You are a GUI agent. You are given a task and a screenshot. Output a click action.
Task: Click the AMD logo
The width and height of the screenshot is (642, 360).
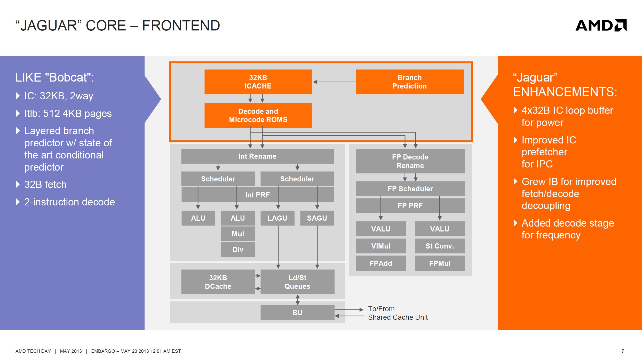601,25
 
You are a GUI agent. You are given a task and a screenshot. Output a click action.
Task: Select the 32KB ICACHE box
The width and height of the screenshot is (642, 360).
258,82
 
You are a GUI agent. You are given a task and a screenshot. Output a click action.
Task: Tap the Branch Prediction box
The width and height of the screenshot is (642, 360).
410,82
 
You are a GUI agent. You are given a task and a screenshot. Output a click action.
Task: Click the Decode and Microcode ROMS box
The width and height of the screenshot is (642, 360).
258,115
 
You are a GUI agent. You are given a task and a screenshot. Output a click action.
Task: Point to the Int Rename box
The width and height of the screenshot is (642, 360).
257,156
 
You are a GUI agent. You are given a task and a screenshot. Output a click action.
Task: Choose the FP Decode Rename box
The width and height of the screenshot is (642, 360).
410,161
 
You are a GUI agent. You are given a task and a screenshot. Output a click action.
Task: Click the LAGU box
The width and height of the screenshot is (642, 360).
278,218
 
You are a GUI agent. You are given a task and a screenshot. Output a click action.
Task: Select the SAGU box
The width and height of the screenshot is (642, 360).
317,218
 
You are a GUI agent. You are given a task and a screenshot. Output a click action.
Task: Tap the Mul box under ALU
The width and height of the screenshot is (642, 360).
238,234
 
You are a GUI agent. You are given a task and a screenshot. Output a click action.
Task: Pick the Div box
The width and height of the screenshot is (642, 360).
238,250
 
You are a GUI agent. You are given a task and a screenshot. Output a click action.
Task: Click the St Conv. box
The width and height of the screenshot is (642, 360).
440,246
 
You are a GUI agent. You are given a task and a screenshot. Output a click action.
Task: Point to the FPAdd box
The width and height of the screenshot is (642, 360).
381,263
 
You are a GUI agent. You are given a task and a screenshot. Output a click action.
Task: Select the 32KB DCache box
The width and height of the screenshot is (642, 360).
218,282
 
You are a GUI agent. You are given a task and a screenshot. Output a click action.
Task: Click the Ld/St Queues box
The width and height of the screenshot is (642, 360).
297,282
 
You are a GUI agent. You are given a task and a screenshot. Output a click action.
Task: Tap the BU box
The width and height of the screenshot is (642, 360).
297,313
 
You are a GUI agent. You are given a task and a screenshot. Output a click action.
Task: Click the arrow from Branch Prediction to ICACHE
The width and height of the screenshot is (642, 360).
334,82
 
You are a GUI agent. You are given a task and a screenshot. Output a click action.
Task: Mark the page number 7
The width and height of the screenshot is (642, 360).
623,351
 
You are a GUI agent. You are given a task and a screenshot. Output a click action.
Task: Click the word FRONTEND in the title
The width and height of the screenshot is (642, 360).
181,26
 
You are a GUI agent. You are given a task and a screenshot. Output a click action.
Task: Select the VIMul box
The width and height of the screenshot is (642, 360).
381,246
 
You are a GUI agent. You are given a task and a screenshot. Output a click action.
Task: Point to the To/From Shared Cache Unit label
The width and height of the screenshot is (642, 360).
398,313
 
